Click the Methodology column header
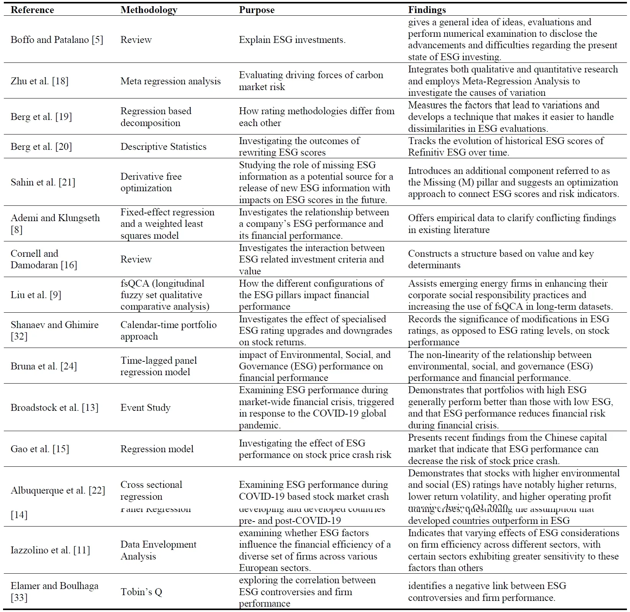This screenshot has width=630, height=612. pyautogui.click(x=149, y=10)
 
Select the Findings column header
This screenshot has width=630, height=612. pyautogui.click(x=427, y=10)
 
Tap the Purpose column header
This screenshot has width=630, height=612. pyautogui.click(x=257, y=10)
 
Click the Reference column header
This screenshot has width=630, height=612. pyautogui.click(x=32, y=10)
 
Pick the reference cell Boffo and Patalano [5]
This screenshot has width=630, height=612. pyautogui.click(x=57, y=40)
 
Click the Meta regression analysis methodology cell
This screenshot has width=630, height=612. pyautogui.click(x=170, y=81)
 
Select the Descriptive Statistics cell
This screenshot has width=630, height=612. pyautogui.click(x=163, y=147)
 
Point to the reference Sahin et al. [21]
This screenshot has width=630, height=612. pyautogui.click(x=43, y=182)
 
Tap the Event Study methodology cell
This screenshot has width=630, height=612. pyautogui.click(x=145, y=408)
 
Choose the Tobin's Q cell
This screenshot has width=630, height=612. pyautogui.click(x=141, y=592)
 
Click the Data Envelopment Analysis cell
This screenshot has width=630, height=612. pyautogui.click(x=158, y=550)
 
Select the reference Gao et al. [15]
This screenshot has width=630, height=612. pyautogui.click(x=40, y=449)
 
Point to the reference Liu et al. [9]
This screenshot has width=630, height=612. pyautogui.click(x=36, y=295)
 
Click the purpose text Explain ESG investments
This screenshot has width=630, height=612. pyautogui.click(x=292, y=40)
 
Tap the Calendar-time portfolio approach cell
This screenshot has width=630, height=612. pyautogui.click(x=168, y=331)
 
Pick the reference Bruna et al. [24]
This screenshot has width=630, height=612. pyautogui.click(x=44, y=366)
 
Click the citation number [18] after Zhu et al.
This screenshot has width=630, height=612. pyautogui.click(x=60, y=81)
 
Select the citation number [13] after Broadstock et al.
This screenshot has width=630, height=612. pyautogui.click(x=90, y=408)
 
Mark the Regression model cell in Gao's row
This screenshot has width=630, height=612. pyautogui.click(x=157, y=449)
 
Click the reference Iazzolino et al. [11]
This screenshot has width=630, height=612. pyautogui.click(x=50, y=550)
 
